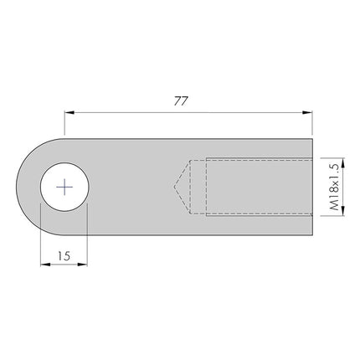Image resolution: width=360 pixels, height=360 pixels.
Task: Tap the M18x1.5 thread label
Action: click(x=334, y=186)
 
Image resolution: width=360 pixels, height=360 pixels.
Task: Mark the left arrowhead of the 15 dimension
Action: click(x=44, y=265)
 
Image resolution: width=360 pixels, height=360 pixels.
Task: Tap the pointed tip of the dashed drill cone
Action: click(x=173, y=186)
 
